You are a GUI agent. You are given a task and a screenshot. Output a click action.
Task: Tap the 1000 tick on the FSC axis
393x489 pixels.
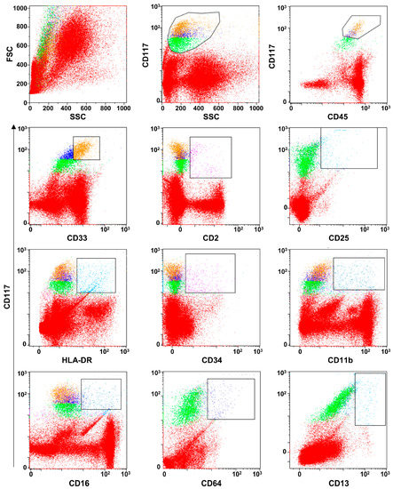coord(18,7)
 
